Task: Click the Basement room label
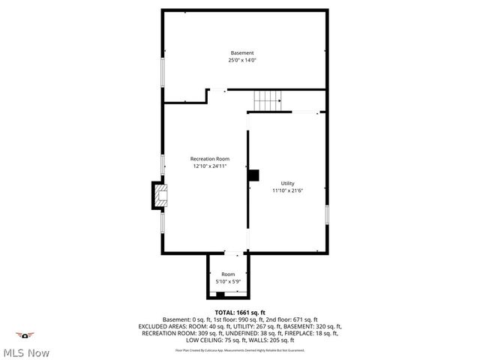point(241,52)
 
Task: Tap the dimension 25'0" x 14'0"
point(241,60)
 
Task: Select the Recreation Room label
point(209,159)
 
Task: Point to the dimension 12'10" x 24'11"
point(209,166)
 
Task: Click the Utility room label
point(287,183)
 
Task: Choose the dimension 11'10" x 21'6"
point(287,190)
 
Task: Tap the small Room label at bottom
point(228,274)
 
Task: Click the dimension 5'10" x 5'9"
point(228,281)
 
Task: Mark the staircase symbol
point(267,98)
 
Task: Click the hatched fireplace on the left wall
point(160,197)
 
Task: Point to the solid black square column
point(253,175)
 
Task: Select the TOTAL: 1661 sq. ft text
point(240,312)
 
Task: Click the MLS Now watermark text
point(27,352)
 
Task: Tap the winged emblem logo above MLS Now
point(26,335)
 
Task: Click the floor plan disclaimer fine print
point(240,349)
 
